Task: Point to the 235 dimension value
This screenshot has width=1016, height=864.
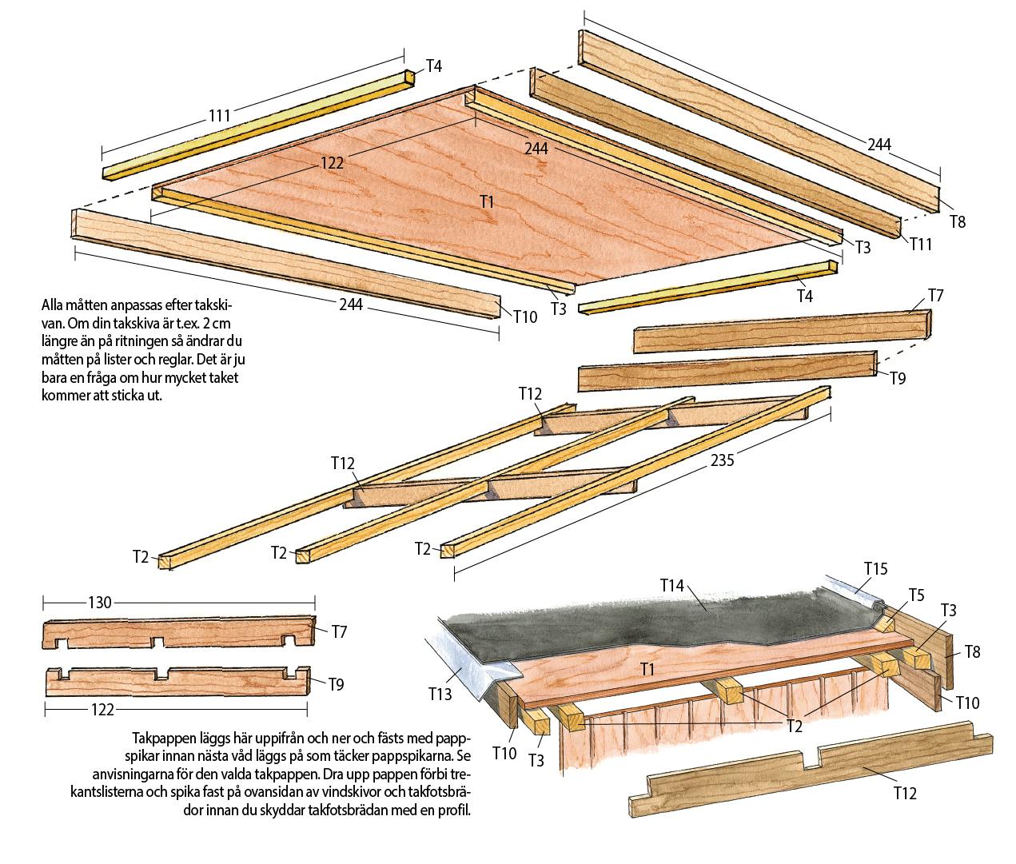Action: tap(721, 460)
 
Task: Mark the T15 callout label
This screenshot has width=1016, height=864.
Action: tap(876, 568)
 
